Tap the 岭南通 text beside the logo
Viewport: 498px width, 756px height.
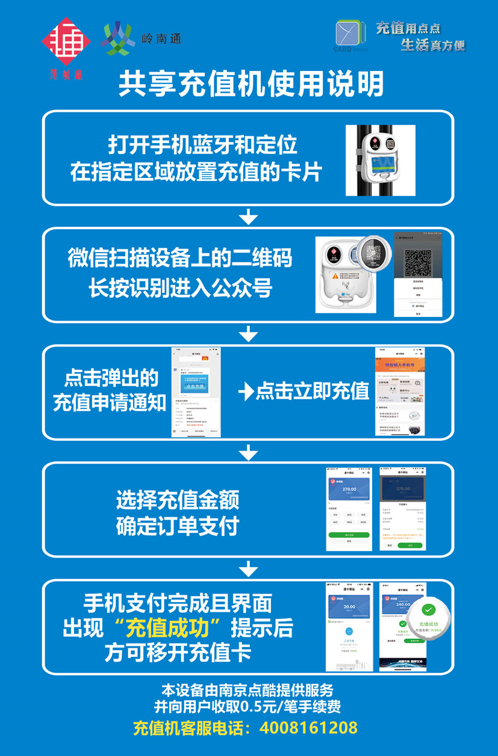click(x=161, y=39)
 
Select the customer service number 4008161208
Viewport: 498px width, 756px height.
click(x=308, y=728)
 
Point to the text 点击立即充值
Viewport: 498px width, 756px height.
click(x=312, y=392)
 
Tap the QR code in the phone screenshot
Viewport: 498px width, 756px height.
click(x=418, y=261)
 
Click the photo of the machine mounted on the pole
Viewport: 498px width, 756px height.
click(x=380, y=160)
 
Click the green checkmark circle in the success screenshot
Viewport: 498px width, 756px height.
click(x=429, y=609)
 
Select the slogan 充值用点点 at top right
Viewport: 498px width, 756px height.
click(x=408, y=28)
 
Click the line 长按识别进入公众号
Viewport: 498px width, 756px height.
click(x=180, y=288)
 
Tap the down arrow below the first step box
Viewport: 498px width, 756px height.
click(x=248, y=217)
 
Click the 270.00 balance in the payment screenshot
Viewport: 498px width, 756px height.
click(x=349, y=489)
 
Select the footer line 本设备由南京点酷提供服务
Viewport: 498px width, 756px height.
click(x=247, y=690)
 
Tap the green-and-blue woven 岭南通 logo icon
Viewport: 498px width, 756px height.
click(x=119, y=38)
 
